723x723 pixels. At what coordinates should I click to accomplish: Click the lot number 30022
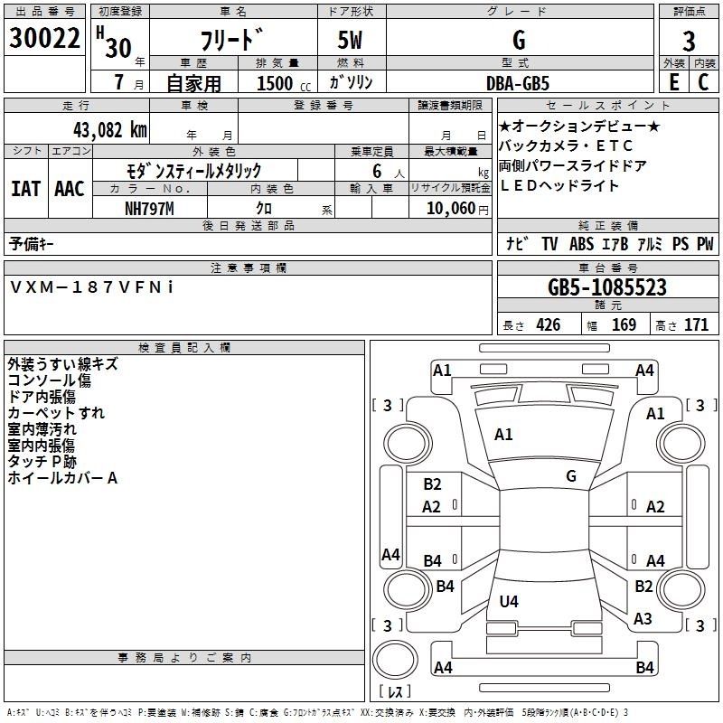tap(44, 38)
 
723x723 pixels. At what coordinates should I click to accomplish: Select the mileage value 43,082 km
tap(110, 130)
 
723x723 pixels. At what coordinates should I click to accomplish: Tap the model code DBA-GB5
tap(518, 83)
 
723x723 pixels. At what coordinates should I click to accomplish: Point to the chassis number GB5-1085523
tap(607, 287)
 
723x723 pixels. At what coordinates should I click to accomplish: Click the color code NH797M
tap(149, 209)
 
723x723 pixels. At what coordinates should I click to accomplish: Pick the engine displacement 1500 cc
tap(284, 83)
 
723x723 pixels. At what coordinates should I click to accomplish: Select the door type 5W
tap(350, 40)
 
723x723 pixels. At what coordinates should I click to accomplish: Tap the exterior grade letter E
tap(673, 82)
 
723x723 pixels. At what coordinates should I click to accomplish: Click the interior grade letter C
tap(703, 82)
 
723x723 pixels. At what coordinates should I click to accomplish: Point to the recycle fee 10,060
tap(450, 209)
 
